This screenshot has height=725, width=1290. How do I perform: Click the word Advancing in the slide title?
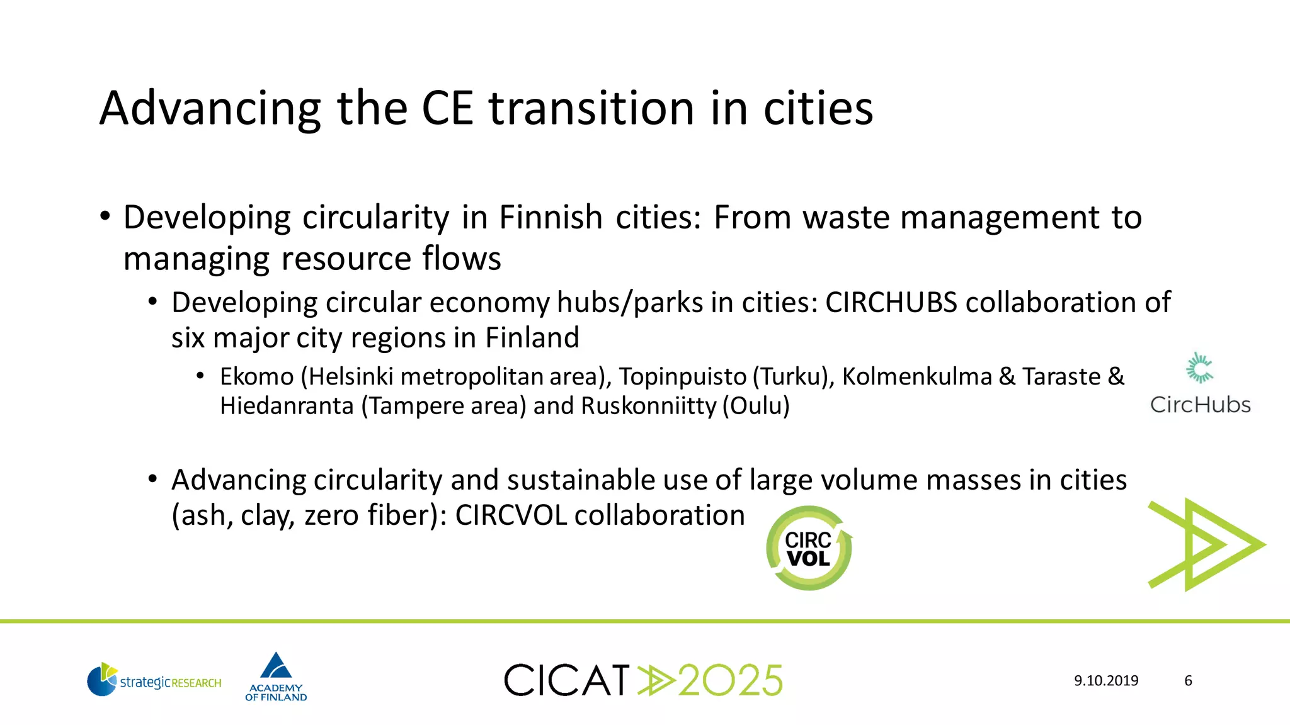tap(210, 110)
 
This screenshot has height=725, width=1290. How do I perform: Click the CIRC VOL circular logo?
tap(809, 548)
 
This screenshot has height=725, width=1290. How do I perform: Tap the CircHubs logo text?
tap(1200, 405)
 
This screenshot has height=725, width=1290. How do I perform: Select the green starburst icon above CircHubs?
tap(1199, 368)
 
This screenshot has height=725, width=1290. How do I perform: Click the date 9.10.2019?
tap(1106, 680)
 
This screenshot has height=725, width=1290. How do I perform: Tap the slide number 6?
tap(1188, 680)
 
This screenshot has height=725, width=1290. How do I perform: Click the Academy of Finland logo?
tap(276, 677)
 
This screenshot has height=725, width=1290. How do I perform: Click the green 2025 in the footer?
tap(731, 680)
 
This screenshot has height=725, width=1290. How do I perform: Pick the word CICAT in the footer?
tap(567, 680)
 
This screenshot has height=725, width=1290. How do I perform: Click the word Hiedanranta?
tap(287, 406)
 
